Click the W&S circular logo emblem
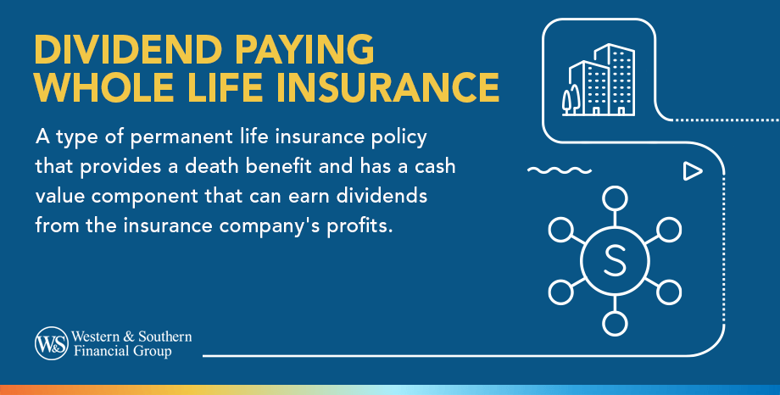[x=49, y=342]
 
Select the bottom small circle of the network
[x=613, y=323]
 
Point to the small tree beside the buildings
[x=566, y=99]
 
